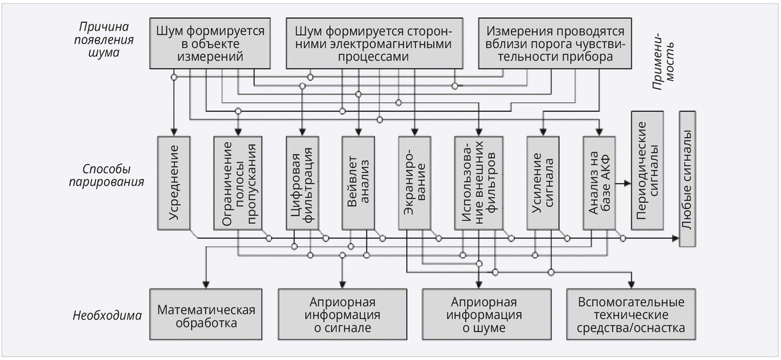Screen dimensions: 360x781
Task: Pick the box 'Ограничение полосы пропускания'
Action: click(x=238, y=182)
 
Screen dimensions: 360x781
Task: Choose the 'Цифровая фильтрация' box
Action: click(x=303, y=182)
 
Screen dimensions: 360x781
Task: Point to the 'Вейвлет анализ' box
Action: click(x=359, y=182)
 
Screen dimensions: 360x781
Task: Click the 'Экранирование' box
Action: click(x=415, y=182)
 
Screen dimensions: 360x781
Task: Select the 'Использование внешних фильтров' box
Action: click(x=478, y=182)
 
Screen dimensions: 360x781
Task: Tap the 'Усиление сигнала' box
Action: click(x=543, y=182)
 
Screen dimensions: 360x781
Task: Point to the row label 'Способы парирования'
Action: click(x=104, y=175)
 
